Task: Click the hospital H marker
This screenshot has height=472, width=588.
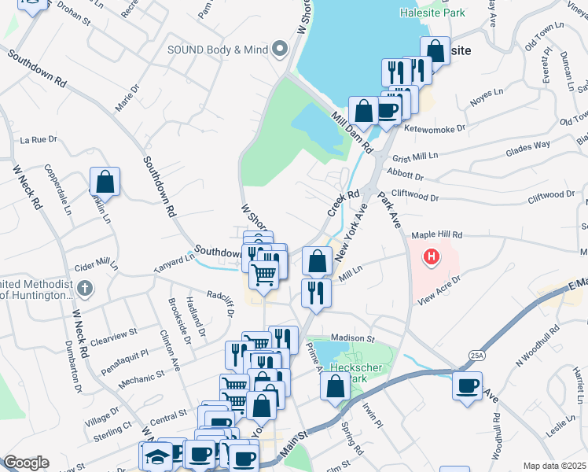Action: pyautogui.click(x=431, y=256)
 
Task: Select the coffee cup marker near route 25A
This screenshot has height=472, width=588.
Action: pyautogui.click(x=468, y=385)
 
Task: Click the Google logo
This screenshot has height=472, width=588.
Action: pyautogui.click(x=26, y=463)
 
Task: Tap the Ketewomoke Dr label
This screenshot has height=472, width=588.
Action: pyautogui.click(x=435, y=127)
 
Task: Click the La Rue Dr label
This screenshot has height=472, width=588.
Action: pyautogui.click(x=39, y=139)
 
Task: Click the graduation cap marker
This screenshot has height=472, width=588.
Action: pyautogui.click(x=157, y=455)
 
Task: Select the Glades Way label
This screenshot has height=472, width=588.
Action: pyautogui.click(x=527, y=146)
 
